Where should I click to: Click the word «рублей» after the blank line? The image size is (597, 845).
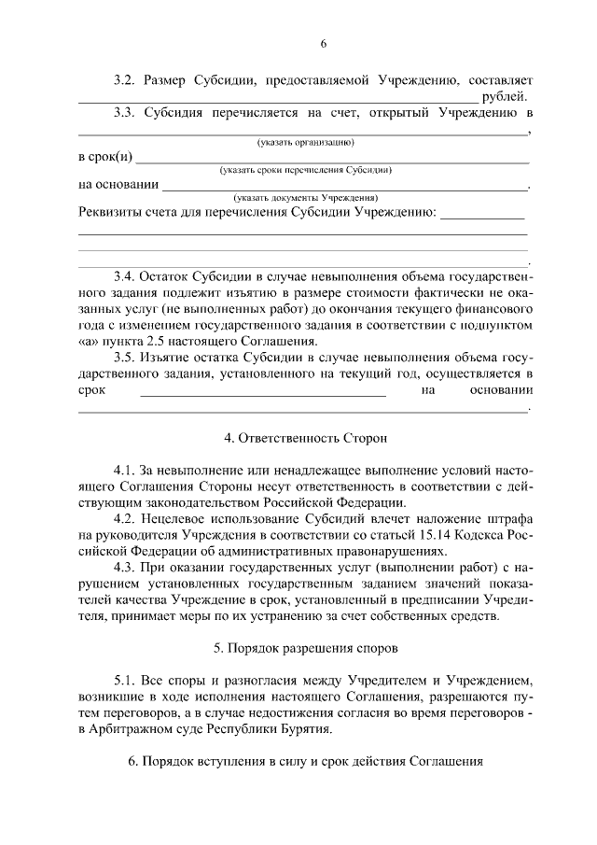pos(504,96)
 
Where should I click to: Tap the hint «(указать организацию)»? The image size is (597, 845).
pos(304,142)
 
